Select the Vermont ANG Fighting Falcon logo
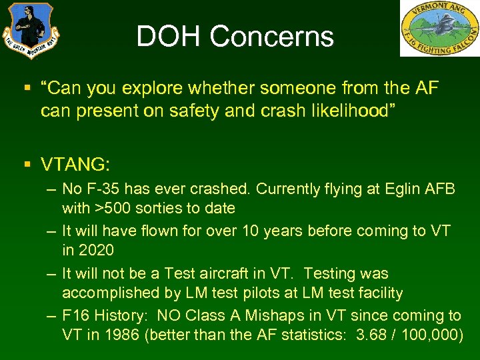439,28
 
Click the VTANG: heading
75,164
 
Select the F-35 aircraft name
103,189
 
